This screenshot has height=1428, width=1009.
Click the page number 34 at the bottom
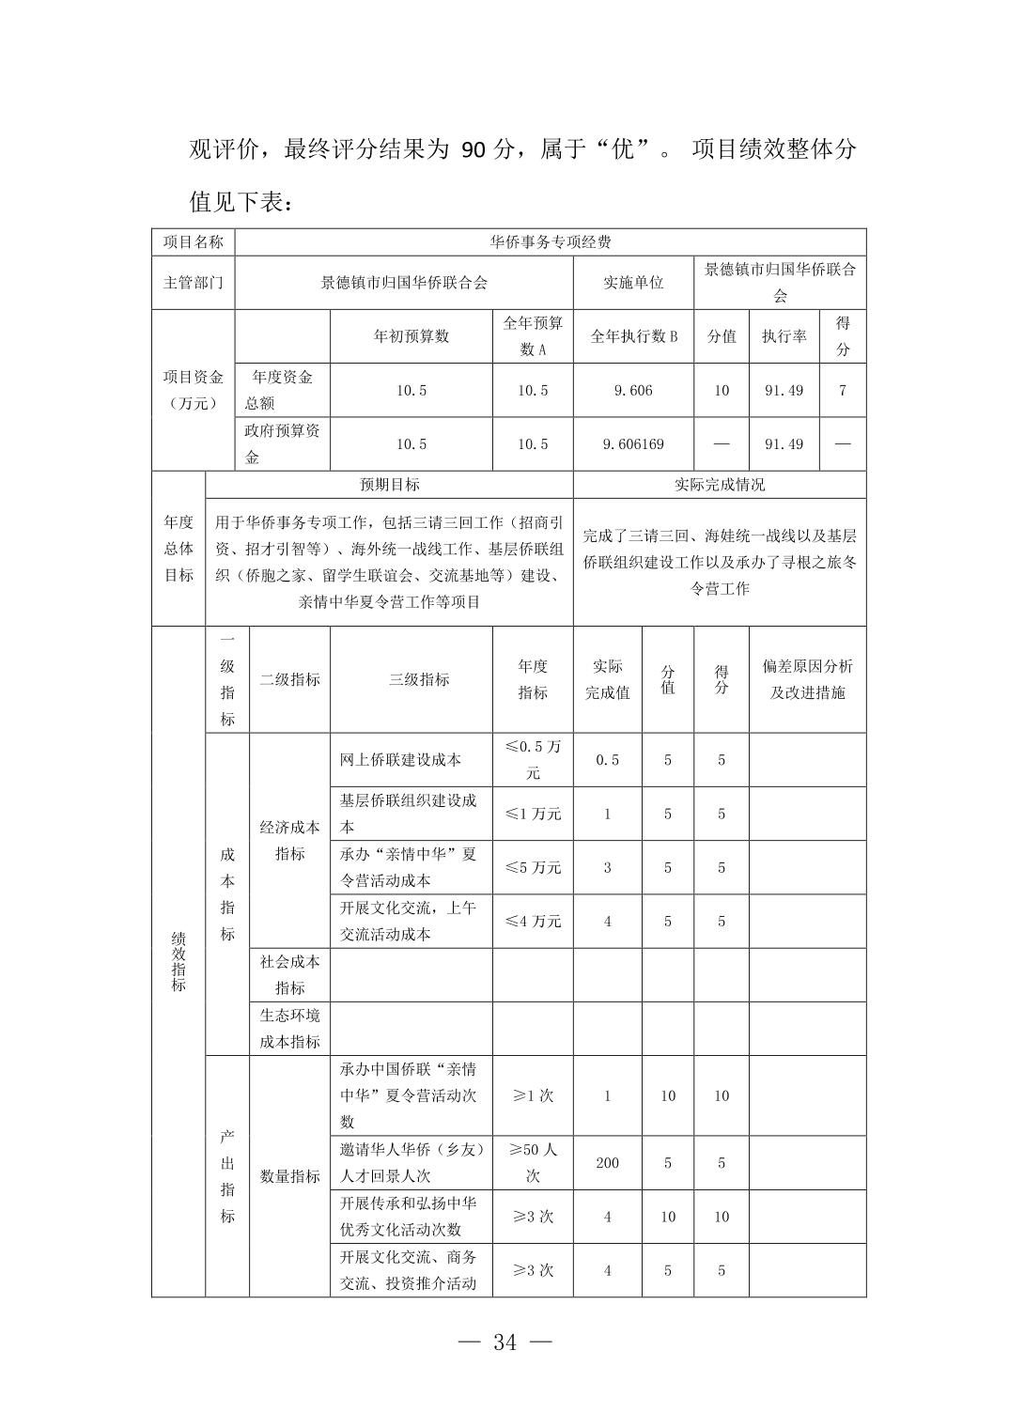coord(504,1343)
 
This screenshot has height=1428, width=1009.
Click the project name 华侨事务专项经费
coord(551,242)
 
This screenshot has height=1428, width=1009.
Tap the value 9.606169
coord(633,444)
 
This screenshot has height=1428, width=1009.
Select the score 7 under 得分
coord(843,390)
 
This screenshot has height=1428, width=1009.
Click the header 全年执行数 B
coord(633,336)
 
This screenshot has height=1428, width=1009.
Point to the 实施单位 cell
coord(633,282)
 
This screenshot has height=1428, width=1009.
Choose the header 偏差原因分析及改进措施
coord(807,679)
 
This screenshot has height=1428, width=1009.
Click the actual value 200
coord(607,1163)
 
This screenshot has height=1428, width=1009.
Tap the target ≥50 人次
coord(533,1163)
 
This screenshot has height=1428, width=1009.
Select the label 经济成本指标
coord(289,841)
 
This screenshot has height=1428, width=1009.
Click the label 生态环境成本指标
coord(289,1029)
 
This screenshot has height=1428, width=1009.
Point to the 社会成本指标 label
coord(289,975)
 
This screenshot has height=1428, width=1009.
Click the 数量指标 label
coord(289,1176)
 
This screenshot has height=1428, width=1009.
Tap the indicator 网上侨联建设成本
coord(400,760)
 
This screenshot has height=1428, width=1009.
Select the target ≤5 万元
coord(533,868)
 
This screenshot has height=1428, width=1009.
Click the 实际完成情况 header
coord(720,485)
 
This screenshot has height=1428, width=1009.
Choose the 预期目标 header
coord(389,485)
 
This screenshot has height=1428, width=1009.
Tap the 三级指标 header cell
coord(419,679)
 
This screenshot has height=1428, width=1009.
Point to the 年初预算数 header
coord(411,336)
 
